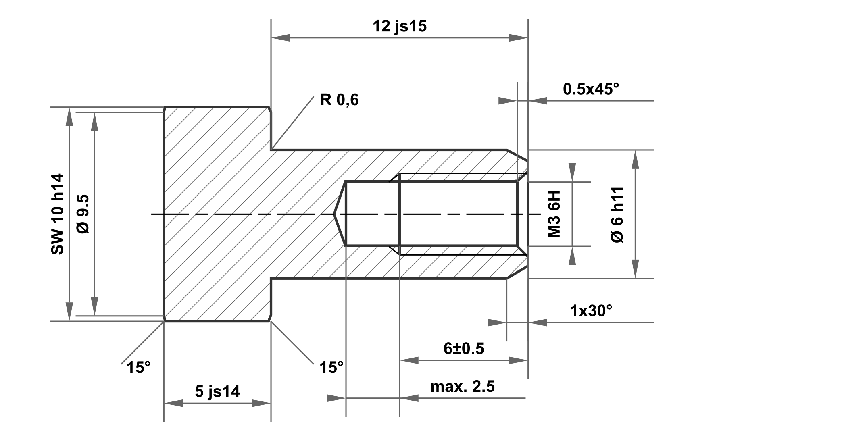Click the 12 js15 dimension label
click(399, 26)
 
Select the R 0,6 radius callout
click(339, 100)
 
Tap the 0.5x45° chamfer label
click(591, 89)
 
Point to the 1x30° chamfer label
click(591, 311)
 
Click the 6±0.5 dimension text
click(464, 348)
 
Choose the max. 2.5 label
click(462, 386)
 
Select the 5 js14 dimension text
click(217, 391)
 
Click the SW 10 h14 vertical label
click(58, 214)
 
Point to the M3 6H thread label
click(554, 214)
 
